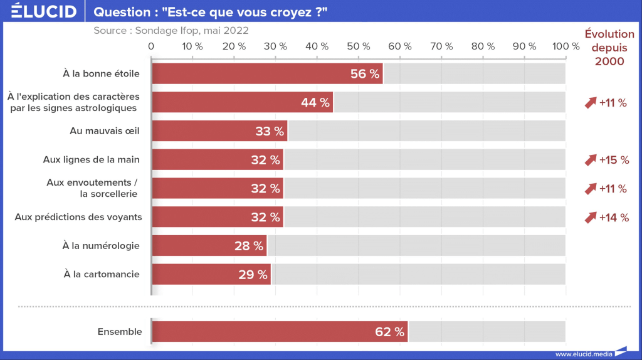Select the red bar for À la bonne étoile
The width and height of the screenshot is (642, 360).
pos(251,73)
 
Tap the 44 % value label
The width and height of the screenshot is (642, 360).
pos(315,103)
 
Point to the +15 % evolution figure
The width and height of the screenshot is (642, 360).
pos(614,160)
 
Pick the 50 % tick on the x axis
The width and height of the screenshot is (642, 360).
pos(359,46)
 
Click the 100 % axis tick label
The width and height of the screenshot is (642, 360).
pos(566,46)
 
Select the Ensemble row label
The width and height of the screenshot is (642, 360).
pos(120,332)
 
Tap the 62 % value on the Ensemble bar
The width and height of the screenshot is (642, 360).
pos(389,332)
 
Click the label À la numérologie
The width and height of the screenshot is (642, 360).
pos(101,246)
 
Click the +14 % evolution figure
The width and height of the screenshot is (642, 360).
pos(613,218)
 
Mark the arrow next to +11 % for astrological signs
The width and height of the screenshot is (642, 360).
pos(590,103)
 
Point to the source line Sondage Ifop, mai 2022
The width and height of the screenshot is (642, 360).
pos(171,30)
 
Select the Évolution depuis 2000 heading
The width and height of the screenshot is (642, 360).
pos(609,48)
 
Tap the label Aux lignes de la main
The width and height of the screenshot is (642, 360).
pos(92,160)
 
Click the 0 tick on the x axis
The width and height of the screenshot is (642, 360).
pos(151,46)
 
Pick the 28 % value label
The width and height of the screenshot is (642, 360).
pos(249,246)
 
